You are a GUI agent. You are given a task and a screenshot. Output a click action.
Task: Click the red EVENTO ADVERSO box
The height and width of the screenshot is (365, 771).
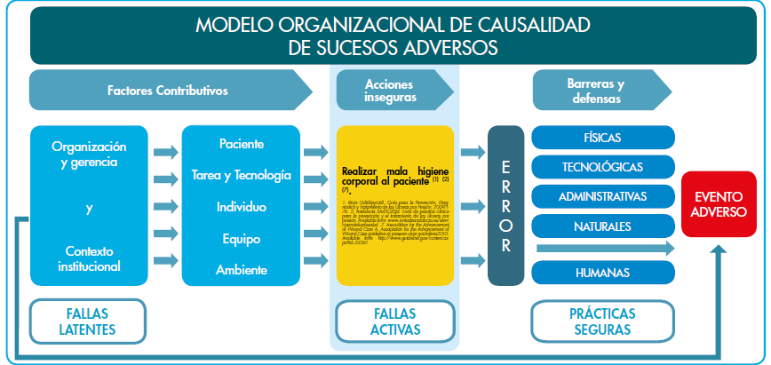coord(720,204)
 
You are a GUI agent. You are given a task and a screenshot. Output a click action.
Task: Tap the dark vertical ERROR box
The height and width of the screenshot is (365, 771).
coord(505,206)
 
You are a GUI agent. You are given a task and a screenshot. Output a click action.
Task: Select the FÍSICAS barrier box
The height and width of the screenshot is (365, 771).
coord(602,138)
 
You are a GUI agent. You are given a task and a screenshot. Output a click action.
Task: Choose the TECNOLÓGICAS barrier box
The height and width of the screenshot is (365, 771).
coord(602,167)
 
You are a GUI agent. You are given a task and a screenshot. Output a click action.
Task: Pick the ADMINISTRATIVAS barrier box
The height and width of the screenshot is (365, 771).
coord(602,196)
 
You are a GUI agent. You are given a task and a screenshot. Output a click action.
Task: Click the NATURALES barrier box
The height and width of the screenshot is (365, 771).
coord(602,226)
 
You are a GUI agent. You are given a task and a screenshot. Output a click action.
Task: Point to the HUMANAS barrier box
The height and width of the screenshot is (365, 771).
coord(602,272)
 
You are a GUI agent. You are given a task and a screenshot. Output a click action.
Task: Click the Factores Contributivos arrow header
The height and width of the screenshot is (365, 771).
coord(169,91)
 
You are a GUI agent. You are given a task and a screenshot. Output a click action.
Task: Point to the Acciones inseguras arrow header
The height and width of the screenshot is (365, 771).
coord(391,91)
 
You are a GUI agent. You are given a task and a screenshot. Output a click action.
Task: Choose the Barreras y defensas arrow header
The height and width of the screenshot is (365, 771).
coord(595,91)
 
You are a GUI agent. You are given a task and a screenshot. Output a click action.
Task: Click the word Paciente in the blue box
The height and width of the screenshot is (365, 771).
coord(241,143)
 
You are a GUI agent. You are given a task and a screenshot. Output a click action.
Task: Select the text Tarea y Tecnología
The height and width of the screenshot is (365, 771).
coord(241,175)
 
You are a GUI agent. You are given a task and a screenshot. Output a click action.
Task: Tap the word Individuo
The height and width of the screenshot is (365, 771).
coord(241,207)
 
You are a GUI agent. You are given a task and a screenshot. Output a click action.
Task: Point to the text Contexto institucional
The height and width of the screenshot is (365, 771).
coord(89,258)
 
